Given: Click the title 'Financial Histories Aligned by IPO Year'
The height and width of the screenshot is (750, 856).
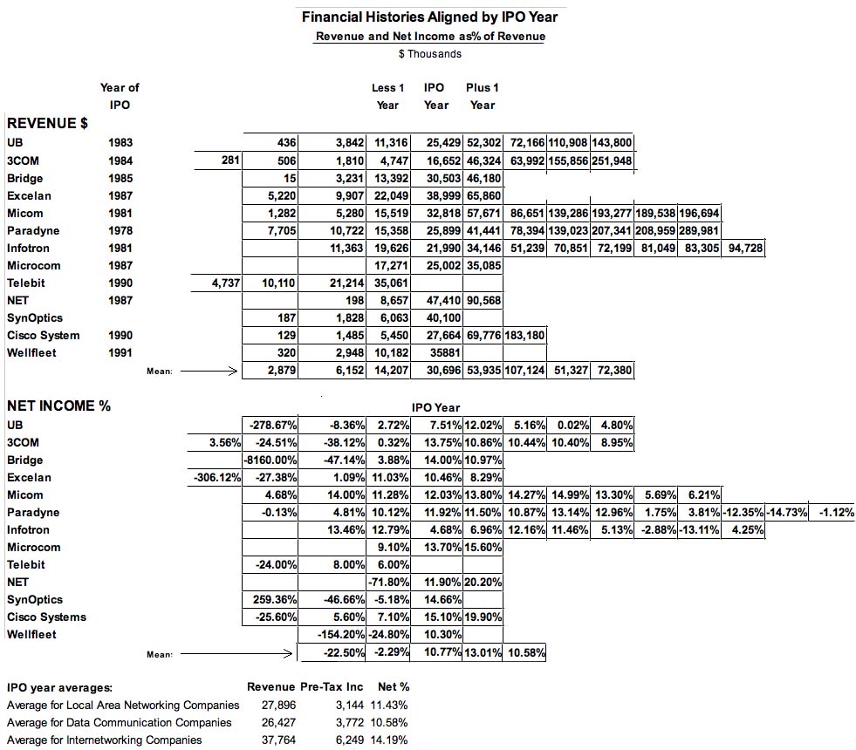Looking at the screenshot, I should tap(428, 17).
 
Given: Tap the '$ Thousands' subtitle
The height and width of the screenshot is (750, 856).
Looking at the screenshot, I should tap(429, 54).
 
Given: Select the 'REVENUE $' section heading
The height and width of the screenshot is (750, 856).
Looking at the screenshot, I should tap(47, 124).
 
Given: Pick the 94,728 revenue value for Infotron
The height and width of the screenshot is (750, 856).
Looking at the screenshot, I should tap(743, 248).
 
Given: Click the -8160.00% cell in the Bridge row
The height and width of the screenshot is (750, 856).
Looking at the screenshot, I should tap(270, 460).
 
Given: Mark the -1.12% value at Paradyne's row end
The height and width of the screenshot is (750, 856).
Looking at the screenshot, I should tap(836, 512).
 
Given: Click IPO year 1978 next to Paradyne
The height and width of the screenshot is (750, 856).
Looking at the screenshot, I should tap(120, 230).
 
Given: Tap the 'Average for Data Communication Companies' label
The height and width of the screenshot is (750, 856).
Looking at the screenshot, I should tap(119, 722).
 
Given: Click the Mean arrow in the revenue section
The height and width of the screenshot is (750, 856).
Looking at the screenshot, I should tap(207, 371).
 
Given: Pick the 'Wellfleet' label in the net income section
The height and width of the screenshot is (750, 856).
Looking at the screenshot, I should tap(31, 634).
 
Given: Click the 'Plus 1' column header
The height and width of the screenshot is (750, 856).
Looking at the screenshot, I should tap(482, 87).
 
